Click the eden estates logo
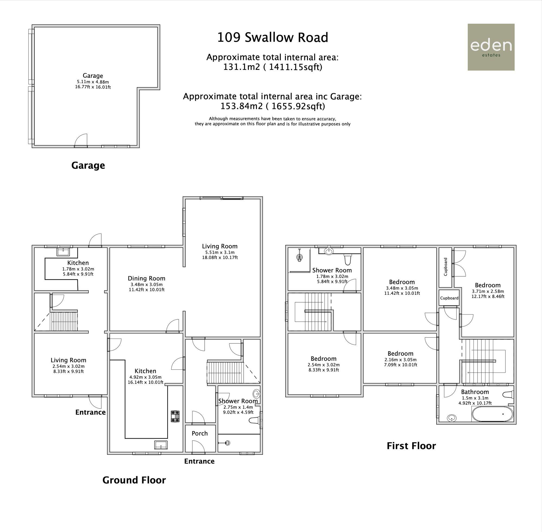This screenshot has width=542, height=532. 491,47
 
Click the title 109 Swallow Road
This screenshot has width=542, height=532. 273,37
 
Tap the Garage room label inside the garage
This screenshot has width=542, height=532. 93,76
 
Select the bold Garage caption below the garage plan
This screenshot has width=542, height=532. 88,166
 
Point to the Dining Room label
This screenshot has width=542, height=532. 146,278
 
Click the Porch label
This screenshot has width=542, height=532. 199,433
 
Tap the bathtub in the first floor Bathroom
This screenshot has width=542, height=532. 492,414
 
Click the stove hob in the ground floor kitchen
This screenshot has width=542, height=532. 175,416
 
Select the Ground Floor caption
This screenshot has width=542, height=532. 134,480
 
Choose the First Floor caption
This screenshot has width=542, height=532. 411,446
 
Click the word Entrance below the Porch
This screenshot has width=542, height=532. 199,461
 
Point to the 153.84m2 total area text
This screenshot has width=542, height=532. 273,106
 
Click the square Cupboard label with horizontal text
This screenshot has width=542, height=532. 449,298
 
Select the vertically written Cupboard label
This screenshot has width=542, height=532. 446,267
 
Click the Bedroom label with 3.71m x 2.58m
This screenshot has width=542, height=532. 488,285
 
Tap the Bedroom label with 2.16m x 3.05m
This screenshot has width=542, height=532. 400,354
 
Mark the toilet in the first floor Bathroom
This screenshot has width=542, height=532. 508,394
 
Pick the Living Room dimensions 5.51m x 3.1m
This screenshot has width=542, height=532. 220,252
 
